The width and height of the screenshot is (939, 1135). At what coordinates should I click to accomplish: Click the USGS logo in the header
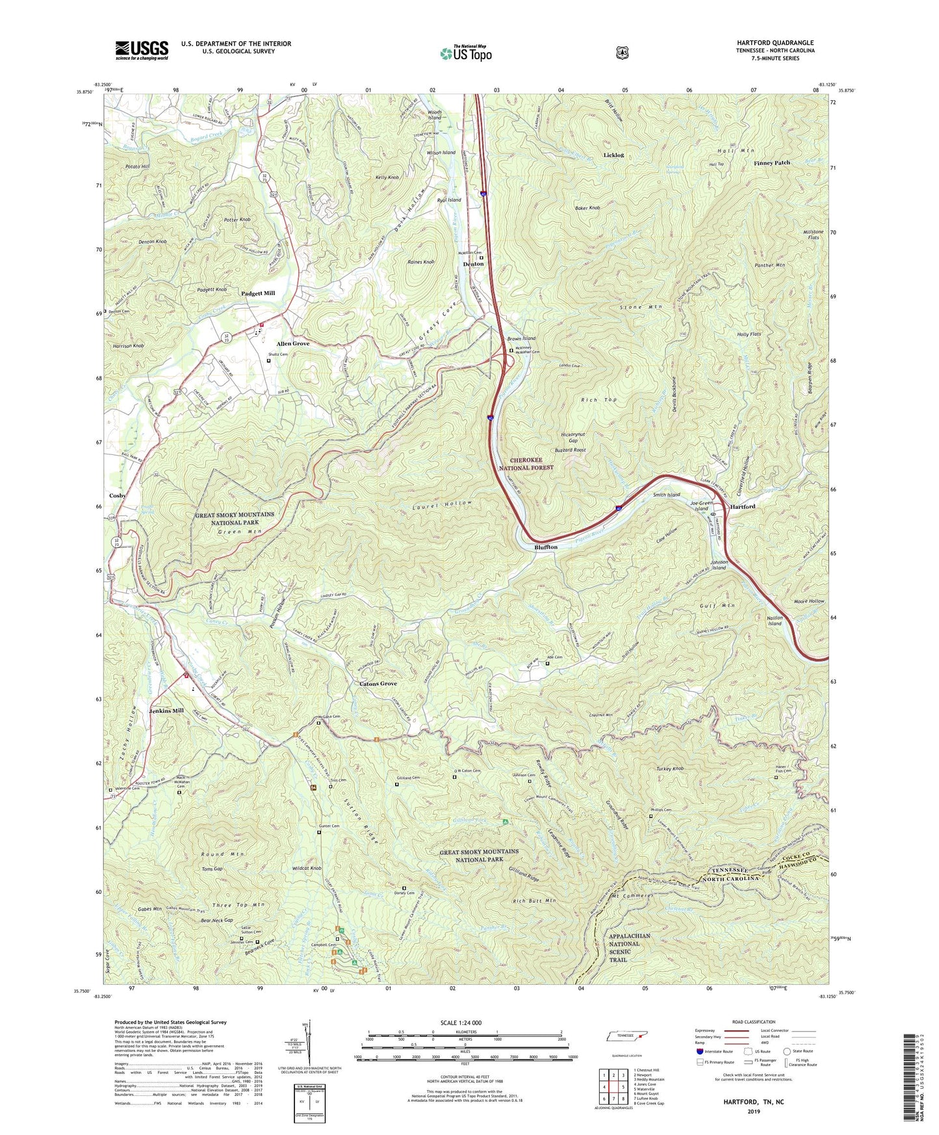click(142, 49)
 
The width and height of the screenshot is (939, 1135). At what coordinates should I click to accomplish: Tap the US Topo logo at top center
click(465, 53)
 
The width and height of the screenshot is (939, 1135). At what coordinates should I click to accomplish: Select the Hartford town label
click(742, 506)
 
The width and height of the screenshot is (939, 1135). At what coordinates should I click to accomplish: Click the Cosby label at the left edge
click(118, 495)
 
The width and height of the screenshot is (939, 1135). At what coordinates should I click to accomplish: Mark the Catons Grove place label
click(378, 684)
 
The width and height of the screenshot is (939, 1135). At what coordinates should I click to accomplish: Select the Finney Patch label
click(772, 163)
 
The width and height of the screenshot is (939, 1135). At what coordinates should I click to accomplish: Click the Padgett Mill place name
click(258, 293)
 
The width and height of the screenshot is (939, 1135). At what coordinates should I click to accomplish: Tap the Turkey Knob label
click(669, 769)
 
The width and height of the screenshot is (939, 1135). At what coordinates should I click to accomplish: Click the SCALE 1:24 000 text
click(464, 1023)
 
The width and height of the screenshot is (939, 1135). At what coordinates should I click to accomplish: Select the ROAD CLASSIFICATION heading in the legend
click(754, 1022)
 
